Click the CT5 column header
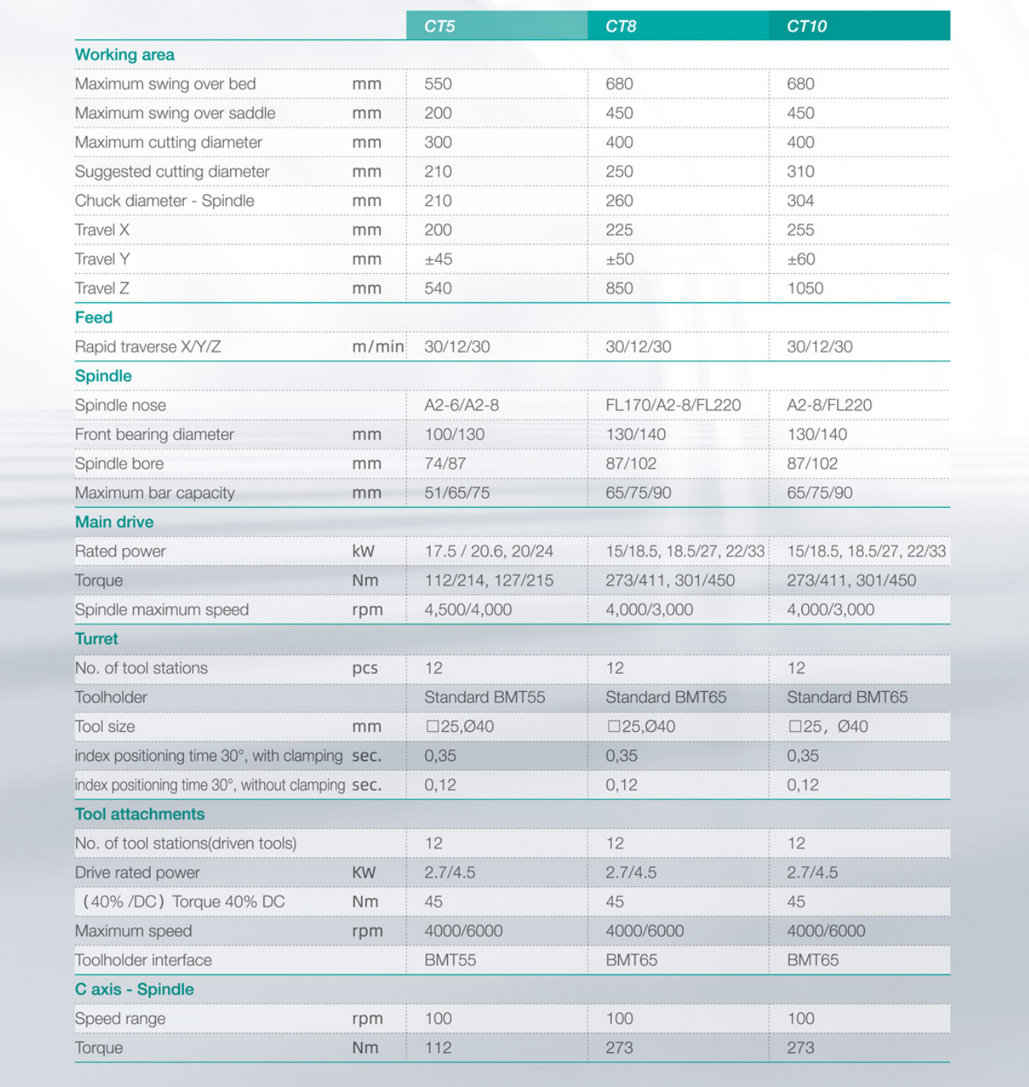[x=440, y=26]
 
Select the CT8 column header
[x=620, y=26]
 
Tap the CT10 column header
[x=807, y=26]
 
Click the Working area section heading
[x=124, y=55]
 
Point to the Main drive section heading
[x=114, y=522]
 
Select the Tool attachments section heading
[x=139, y=814]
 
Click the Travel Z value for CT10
[x=805, y=288]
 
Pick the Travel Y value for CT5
[x=438, y=259]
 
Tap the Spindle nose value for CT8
[x=673, y=405]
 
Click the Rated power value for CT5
[x=489, y=551]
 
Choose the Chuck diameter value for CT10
[x=801, y=201]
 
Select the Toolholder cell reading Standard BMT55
[x=484, y=697]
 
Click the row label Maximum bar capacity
[x=154, y=493]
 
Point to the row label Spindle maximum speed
[x=161, y=610]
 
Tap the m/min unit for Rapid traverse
[x=378, y=347]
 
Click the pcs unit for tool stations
[x=365, y=668]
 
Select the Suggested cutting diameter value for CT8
[x=619, y=172]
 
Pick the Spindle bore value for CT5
[x=445, y=464]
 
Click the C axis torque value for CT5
[x=438, y=1048]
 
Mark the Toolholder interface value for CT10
[x=813, y=961]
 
